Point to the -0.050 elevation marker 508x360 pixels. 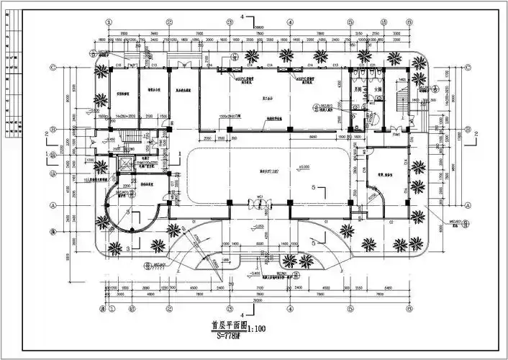(258, 227)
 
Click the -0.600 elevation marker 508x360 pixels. (255, 274)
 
